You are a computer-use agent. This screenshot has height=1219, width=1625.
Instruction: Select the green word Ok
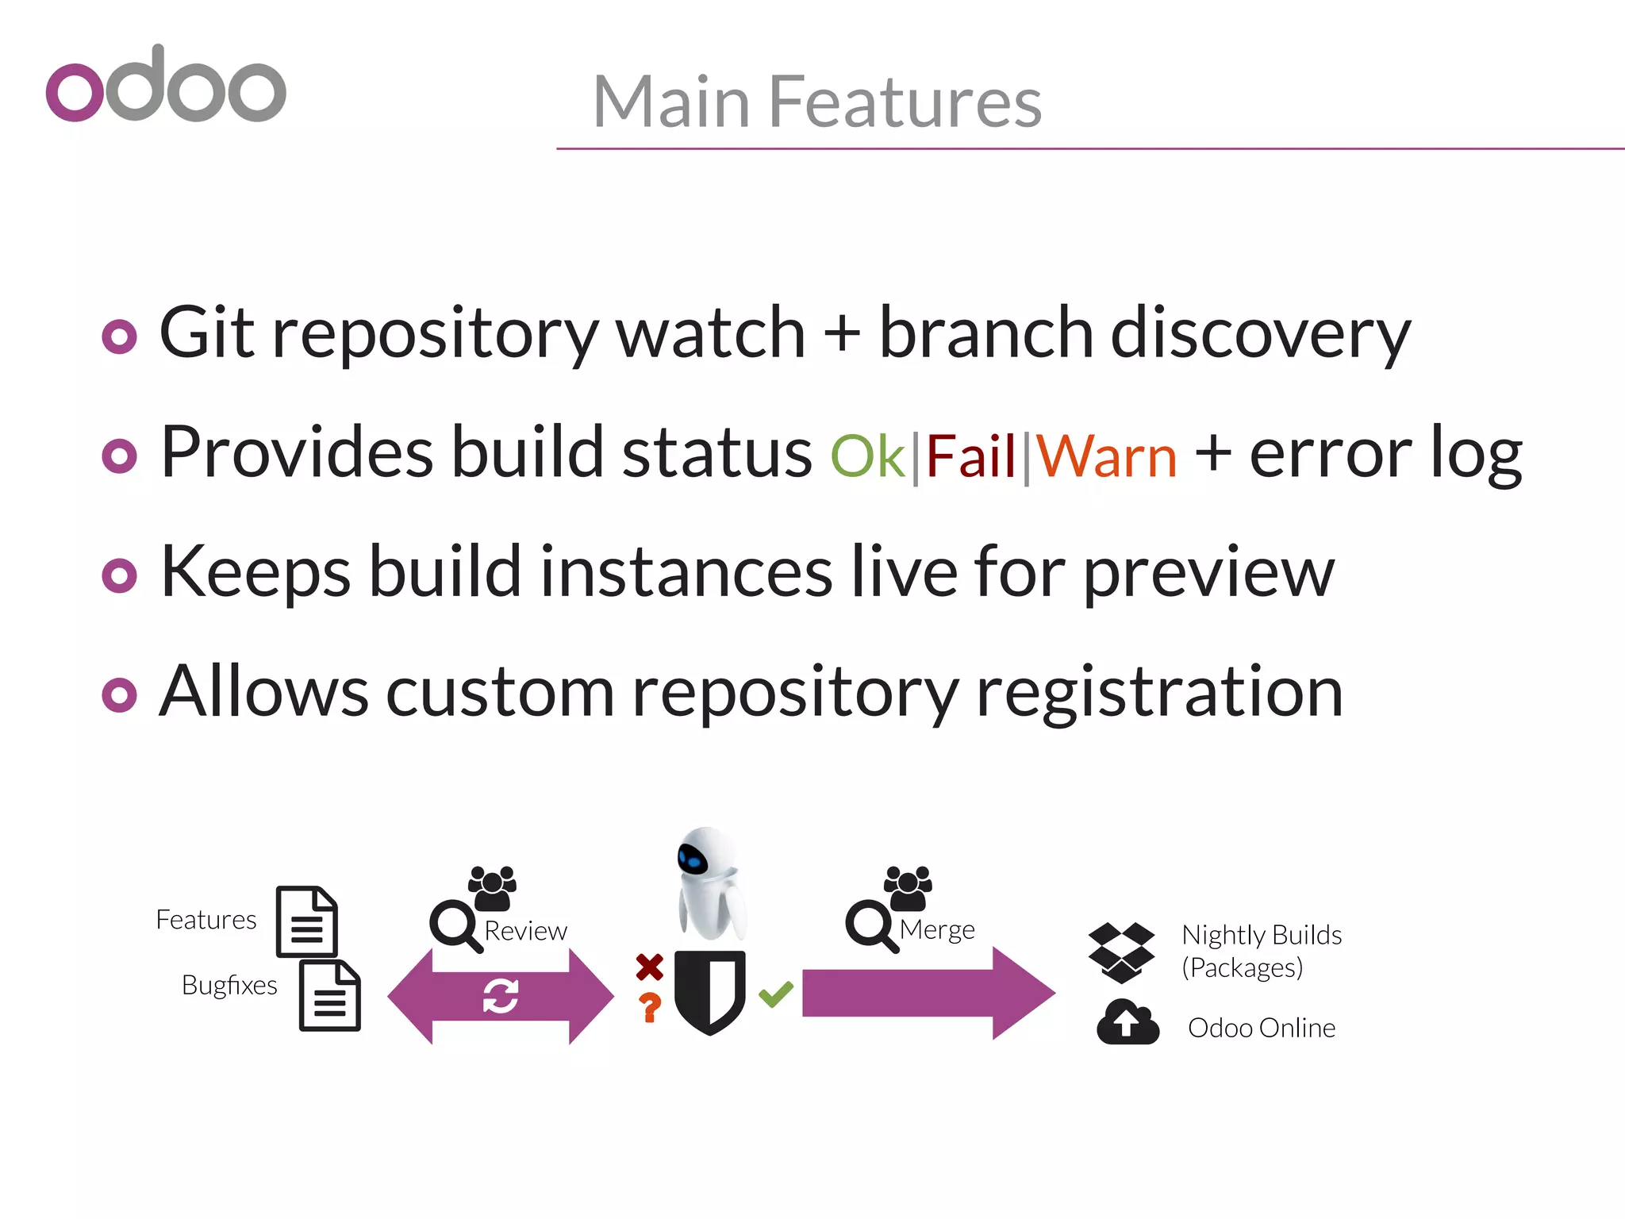[x=867, y=456]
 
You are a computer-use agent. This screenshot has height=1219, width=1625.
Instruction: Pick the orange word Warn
[x=1107, y=456]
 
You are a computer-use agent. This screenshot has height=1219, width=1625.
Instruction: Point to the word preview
[x=1209, y=573]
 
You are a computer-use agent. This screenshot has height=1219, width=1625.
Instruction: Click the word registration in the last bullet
[x=1159, y=692]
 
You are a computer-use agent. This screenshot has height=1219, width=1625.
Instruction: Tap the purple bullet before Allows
[x=120, y=695]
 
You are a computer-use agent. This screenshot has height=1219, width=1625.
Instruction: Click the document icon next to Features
[x=307, y=921]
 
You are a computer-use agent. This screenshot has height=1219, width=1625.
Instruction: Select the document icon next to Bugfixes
[x=330, y=995]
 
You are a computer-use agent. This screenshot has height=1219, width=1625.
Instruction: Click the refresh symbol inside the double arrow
[x=501, y=996]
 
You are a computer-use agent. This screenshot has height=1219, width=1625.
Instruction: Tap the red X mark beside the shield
[x=649, y=967]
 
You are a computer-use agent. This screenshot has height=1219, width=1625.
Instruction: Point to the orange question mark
[x=650, y=1007]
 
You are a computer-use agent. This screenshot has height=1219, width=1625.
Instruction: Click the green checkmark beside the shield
[x=776, y=994]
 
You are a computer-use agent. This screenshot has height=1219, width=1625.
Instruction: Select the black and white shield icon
[x=710, y=992]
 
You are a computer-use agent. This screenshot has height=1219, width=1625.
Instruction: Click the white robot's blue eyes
[x=692, y=860]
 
